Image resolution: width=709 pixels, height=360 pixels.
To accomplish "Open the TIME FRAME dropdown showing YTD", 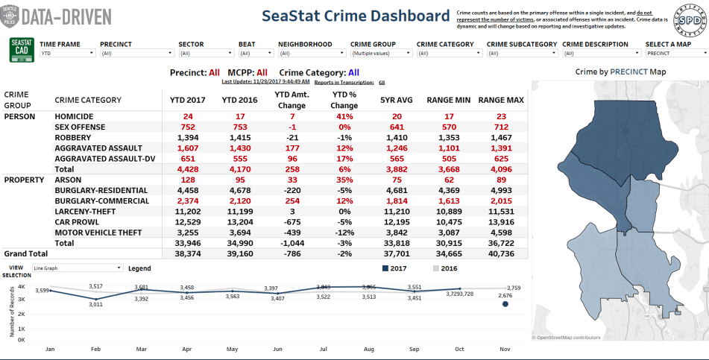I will tap(67, 54).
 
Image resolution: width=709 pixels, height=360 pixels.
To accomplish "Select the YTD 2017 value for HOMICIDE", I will tap(188, 116).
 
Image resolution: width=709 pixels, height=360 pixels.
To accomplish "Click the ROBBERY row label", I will tap(72, 138).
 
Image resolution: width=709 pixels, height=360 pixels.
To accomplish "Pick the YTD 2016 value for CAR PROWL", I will tap(239, 221).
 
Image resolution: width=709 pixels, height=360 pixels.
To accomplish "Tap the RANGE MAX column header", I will tap(500, 99).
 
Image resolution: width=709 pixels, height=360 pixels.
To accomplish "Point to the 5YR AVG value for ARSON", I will tap(397, 180).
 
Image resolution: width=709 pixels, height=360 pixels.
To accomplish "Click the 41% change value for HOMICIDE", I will tap(344, 116).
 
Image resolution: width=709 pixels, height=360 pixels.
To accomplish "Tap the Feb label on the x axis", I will tap(95, 349).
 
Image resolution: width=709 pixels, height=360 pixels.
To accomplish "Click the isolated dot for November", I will tap(505, 304).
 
